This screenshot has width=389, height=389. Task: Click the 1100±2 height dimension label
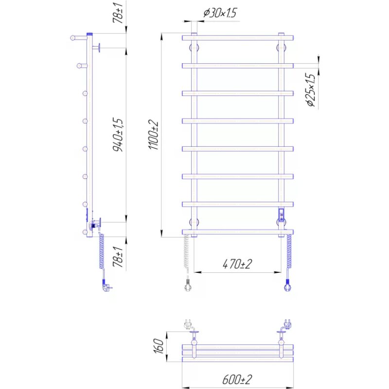coord(154,135)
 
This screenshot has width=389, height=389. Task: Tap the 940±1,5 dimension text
coord(118,135)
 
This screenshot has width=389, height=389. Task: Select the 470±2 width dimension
coord(237,264)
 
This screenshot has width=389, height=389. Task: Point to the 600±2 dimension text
coord(237,379)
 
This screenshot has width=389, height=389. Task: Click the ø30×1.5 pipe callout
coord(220,13)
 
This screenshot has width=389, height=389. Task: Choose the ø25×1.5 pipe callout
coord(311,90)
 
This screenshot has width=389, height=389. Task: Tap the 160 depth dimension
coord(159,346)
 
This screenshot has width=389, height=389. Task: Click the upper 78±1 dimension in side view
coord(118,13)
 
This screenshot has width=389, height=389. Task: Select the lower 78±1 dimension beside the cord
coord(118,257)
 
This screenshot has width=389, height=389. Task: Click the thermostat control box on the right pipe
coord(282,215)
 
